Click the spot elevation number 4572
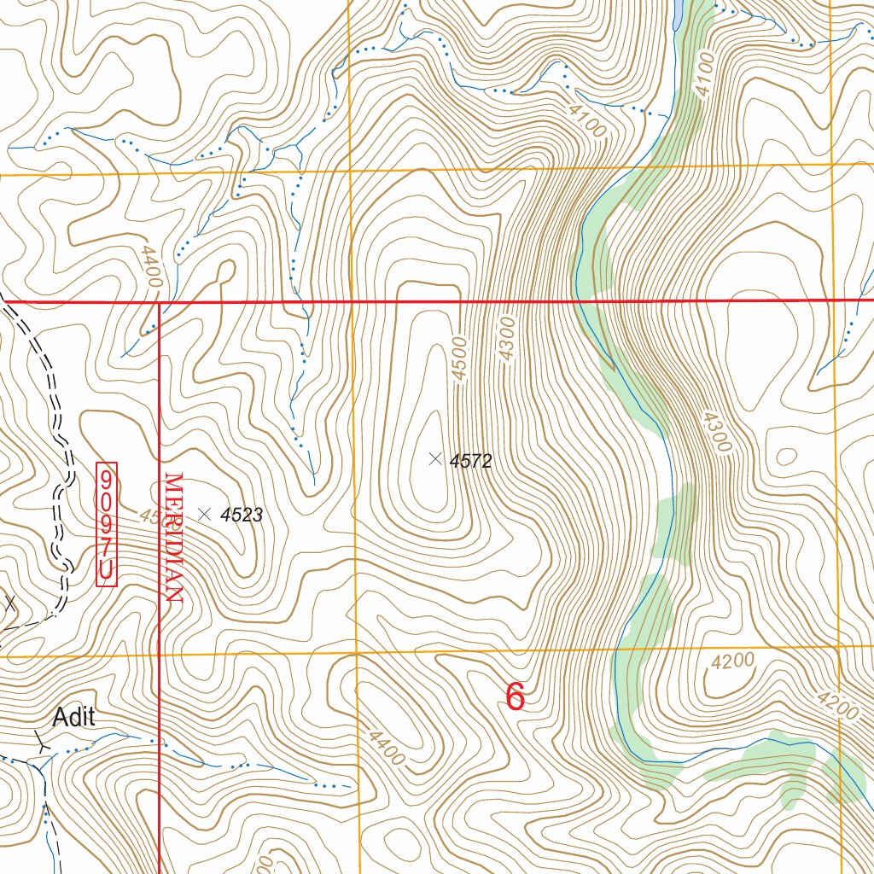pyautogui.click(x=471, y=462)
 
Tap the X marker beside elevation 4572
pyautogui.click(x=435, y=458)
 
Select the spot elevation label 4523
pyautogui.click(x=241, y=516)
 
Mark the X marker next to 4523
pyautogui.click(x=204, y=514)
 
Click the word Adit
pyautogui.click(x=73, y=718)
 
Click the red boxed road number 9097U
pyautogui.click(x=107, y=524)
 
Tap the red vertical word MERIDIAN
pyautogui.click(x=174, y=538)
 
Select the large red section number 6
pyautogui.click(x=515, y=697)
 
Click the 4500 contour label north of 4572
pyautogui.click(x=460, y=359)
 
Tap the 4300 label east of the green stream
pyautogui.click(x=714, y=431)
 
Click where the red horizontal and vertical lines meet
pyautogui.click(x=160, y=301)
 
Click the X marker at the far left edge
pyautogui.click(x=9, y=603)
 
